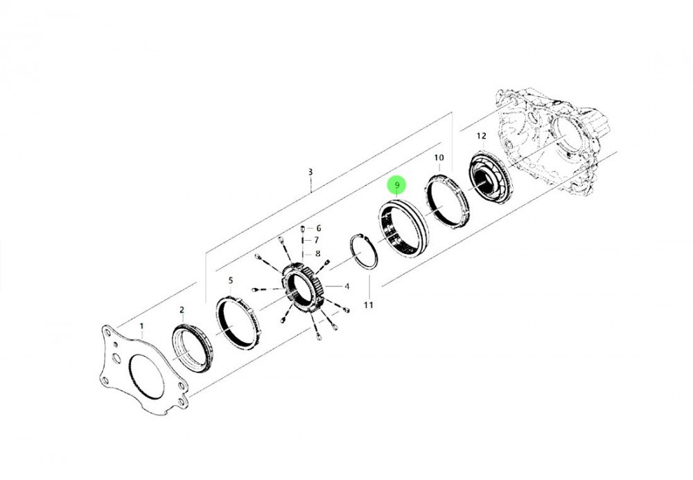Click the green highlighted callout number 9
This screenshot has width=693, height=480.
click(397, 185)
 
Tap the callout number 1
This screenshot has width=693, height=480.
click(142, 327)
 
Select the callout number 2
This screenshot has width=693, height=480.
click(182, 310)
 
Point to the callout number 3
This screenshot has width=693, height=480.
click(310, 171)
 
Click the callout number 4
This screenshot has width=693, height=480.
click(347, 286)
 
